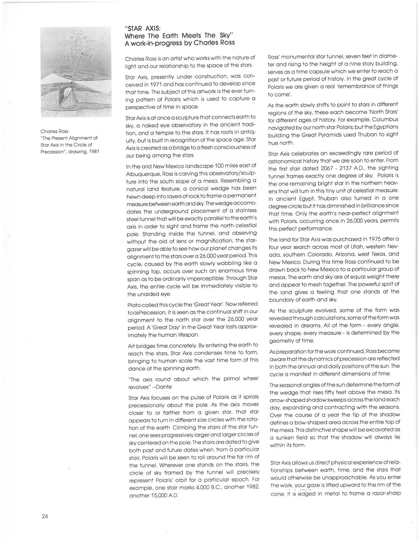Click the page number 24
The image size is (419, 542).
pos(44,517)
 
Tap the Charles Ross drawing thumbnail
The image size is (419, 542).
pos(76,72)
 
